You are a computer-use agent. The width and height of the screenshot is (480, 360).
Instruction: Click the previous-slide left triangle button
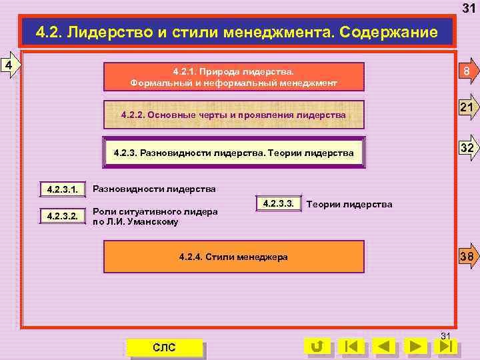point(383,347)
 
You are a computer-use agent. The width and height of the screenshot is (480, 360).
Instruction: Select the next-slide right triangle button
point(416,347)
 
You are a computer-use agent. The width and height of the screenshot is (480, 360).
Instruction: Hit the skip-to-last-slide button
point(448,347)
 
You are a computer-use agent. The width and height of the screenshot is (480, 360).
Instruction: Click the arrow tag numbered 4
point(9,65)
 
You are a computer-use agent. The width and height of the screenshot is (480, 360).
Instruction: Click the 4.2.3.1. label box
point(63,190)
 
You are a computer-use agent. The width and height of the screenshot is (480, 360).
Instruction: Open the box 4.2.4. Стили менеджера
point(234,257)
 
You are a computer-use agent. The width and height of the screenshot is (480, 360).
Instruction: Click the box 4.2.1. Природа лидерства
point(234,77)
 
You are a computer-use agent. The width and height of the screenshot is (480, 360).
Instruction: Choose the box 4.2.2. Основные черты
point(234,115)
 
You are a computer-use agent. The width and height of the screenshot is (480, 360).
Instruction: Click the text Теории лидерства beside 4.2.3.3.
point(349,204)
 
